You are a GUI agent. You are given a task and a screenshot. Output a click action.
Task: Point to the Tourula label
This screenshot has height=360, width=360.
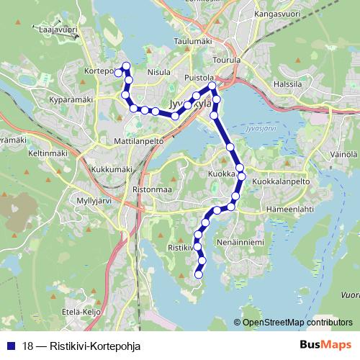tap(228, 60)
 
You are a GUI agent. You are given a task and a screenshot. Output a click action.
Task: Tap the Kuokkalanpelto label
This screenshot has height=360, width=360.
tap(281, 182)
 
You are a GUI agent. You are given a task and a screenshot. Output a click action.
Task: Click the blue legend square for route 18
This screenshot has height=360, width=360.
tap(9, 345)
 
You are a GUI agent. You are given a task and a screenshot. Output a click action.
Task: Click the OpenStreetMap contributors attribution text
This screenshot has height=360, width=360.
tap(297, 323)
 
